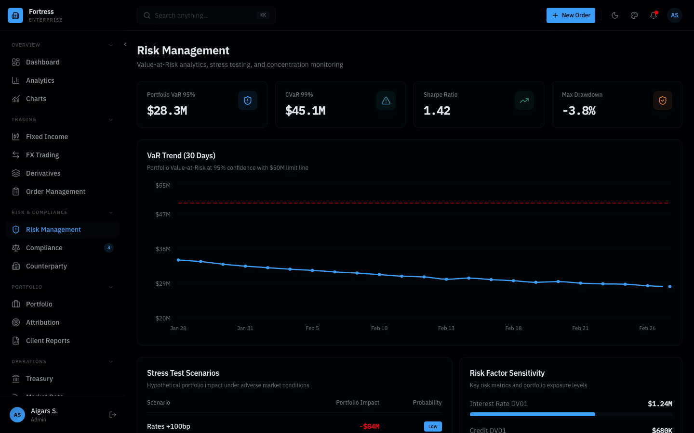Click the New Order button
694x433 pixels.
pos(571,15)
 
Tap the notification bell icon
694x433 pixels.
pos(654,15)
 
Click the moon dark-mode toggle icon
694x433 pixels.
pos(615,15)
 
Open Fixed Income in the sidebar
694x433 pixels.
pos(47,137)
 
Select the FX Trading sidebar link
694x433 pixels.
pos(42,155)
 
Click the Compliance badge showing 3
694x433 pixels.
pos(109,248)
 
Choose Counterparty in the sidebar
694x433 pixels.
pos(46,266)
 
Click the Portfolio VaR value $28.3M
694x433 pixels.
pos(167,111)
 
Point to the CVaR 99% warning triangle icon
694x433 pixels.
pos(386,101)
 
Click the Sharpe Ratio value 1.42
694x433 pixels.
pos(437,111)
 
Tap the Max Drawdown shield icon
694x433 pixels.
pos(663,101)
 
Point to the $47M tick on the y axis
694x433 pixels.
pos(163,215)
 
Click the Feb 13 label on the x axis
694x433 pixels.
pos(446,328)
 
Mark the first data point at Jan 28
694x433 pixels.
pos(178,260)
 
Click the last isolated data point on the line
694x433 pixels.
pos(670,286)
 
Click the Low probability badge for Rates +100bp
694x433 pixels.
pos(433,426)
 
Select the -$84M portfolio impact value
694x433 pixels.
pos(370,426)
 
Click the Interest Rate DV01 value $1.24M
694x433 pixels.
pos(660,404)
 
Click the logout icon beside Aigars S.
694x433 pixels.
pos(113,415)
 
